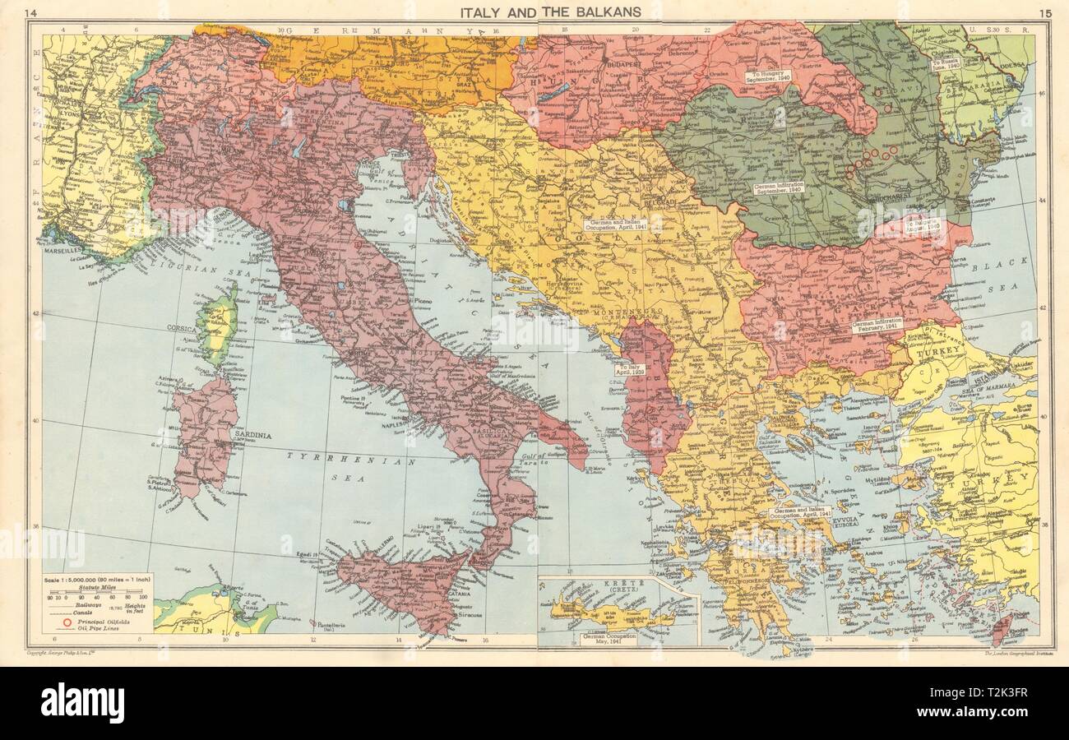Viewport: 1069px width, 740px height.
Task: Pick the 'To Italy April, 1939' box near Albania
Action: (x=633, y=370)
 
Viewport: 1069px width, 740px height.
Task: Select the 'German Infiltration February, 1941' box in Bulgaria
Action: (x=877, y=324)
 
